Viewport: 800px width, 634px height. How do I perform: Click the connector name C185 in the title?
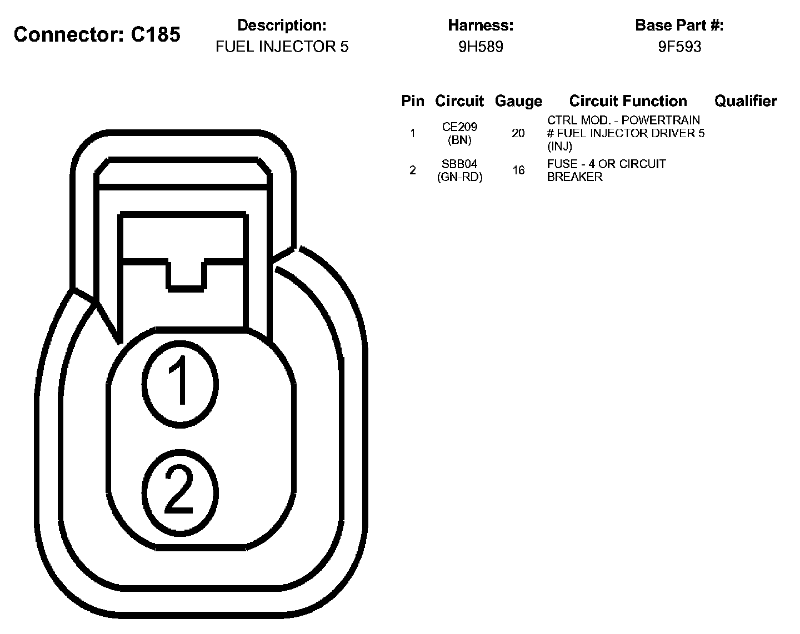pos(156,34)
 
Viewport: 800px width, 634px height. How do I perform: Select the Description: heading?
pos(282,25)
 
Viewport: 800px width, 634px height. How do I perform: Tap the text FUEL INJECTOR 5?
pos(282,47)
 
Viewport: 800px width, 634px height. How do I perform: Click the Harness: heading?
pos(481,25)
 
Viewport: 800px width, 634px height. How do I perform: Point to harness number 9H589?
pos(481,47)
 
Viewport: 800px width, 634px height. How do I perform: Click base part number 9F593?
pos(679,47)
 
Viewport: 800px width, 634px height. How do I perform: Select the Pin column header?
pos(413,101)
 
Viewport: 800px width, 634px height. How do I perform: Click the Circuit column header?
pos(459,101)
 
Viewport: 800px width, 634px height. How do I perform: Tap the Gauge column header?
pos(518,101)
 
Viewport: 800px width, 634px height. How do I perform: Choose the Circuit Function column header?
pos(628,101)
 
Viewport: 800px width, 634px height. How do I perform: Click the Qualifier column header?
pos(746,101)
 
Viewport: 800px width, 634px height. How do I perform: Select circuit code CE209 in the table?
pos(459,127)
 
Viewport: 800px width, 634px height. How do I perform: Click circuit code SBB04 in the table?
pos(459,164)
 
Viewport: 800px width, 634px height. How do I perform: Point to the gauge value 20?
pos(518,133)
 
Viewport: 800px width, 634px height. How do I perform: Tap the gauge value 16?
pos(518,170)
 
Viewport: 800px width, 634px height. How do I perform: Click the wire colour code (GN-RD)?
pos(459,177)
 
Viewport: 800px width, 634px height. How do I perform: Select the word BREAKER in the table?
pos(574,177)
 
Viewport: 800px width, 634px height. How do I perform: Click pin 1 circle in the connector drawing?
pos(180,383)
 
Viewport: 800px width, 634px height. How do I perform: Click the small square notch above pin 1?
pos(186,274)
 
